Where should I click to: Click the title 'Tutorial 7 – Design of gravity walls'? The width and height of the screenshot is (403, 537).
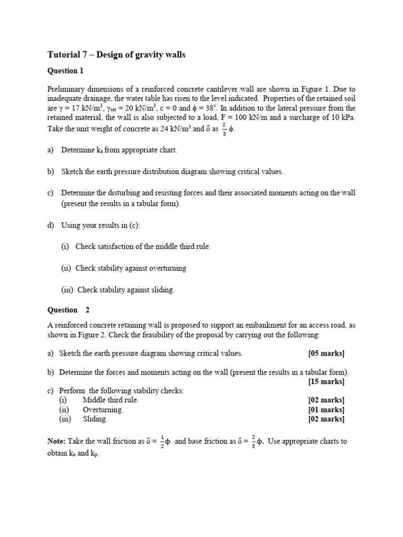[116, 55]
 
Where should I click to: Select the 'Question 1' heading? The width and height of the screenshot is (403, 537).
[65, 70]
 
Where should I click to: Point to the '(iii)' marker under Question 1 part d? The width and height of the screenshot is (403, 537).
[68, 289]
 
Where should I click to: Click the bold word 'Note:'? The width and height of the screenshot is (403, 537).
[57, 442]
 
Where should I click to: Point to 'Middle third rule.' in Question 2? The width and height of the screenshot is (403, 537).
[110, 400]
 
